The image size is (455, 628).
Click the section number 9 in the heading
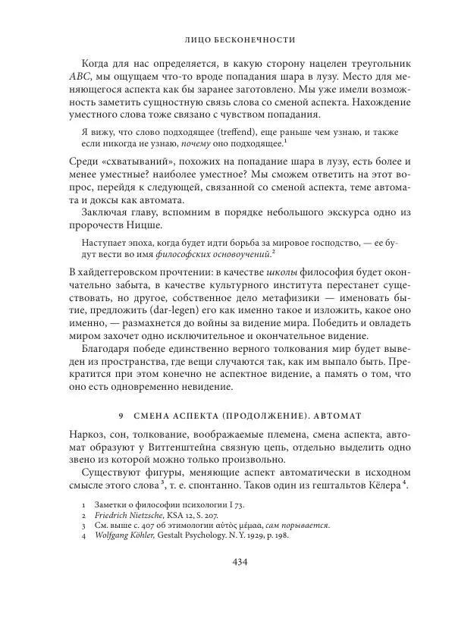click(x=121, y=416)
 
